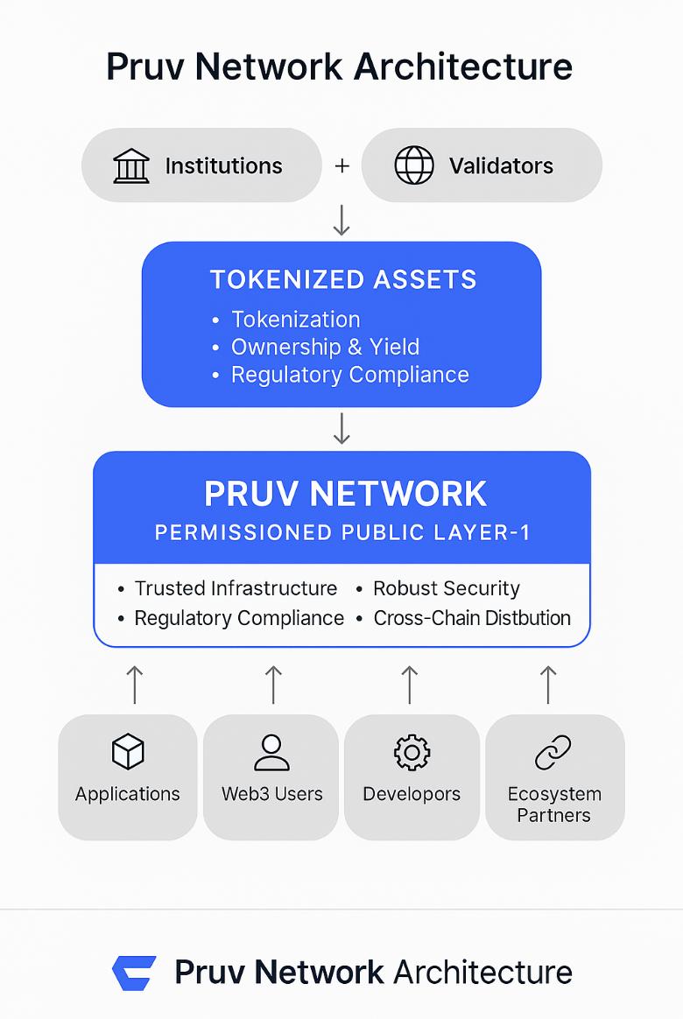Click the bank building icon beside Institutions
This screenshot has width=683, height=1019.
pos(131,165)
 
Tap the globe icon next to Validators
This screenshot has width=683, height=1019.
pos(414,165)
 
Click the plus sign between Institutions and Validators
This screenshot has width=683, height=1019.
pos(341,165)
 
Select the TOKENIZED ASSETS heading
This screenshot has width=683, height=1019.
pos(342,279)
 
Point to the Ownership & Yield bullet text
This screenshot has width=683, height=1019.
pos(325,347)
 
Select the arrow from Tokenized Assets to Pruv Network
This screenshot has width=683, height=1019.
pos(341,428)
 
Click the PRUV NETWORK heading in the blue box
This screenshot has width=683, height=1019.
pos(345,494)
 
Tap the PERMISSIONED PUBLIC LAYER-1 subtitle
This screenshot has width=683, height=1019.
pos(342,532)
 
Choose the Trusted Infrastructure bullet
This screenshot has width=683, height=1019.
pos(236,588)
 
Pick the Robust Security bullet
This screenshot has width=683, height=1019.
pos(446,588)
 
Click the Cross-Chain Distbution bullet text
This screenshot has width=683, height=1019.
pos(472,618)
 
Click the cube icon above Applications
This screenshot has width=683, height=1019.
pos(128,752)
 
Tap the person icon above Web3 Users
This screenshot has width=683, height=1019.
pos(271,752)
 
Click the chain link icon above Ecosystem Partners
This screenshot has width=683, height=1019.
pos(553,752)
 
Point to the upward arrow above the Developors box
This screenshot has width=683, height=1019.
pos(409,684)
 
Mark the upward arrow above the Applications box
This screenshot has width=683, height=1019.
pos(134,684)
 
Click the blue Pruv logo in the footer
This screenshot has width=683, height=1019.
pos(134,973)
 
